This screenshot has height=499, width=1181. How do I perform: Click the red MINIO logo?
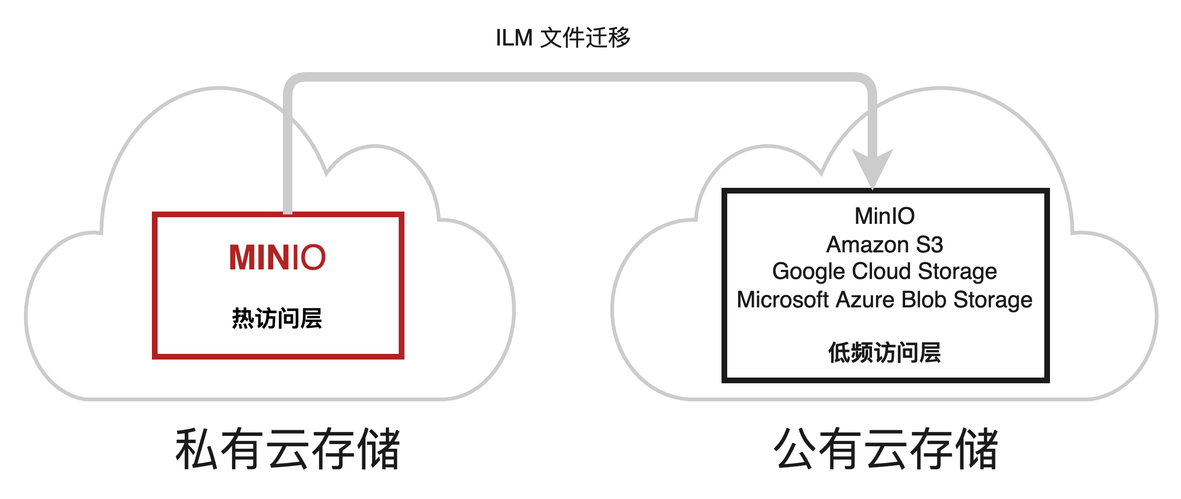click(277, 258)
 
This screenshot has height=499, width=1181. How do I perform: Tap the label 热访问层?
click(277, 318)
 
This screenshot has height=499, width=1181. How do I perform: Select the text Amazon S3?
click(884, 245)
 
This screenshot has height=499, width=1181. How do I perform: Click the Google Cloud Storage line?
click(884, 272)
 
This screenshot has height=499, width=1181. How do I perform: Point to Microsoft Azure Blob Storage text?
click(884, 300)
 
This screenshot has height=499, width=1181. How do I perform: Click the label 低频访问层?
click(884, 353)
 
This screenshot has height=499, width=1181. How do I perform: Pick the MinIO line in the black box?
click(884, 216)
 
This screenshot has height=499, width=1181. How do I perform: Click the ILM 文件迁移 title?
click(562, 38)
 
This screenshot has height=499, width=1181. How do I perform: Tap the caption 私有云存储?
click(288, 449)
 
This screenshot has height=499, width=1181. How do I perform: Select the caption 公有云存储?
click(886, 449)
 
